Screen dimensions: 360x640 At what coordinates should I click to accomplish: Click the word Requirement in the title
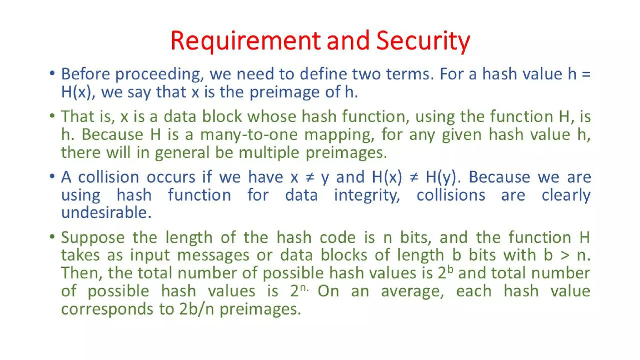coord(246,41)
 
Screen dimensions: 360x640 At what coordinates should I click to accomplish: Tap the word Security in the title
coord(423,41)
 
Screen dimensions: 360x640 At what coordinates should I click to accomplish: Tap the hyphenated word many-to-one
coord(249,135)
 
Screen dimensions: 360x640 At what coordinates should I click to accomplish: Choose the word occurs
coord(171,177)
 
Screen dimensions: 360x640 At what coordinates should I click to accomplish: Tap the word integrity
coord(367,195)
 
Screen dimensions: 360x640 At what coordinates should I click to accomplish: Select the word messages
coord(213,255)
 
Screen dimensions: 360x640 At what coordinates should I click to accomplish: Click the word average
coord(412,292)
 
